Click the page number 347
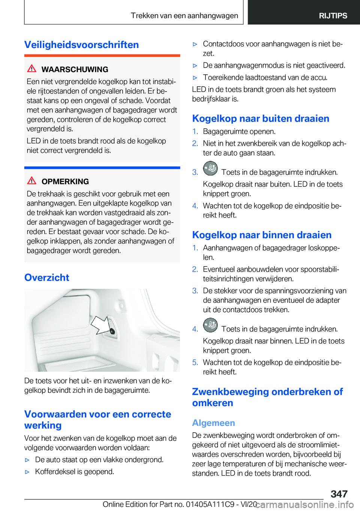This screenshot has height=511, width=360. [339, 494]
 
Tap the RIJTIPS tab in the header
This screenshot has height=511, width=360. [333, 16]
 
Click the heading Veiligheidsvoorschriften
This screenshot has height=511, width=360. [81, 45]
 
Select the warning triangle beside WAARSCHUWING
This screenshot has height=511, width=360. [32, 69]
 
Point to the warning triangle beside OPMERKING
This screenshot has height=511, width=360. [32, 181]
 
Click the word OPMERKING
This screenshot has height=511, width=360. [65, 182]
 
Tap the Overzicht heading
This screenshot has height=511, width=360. [47, 277]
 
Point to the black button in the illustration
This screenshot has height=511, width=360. [112, 331]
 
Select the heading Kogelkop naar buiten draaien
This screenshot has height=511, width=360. [261, 119]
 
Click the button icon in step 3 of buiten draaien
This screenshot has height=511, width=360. [210, 168]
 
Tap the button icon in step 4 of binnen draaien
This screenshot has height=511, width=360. [210, 325]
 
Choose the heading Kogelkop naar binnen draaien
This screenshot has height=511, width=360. [262, 235]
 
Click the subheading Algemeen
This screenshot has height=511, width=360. [213, 423]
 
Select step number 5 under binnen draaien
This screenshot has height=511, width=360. [195, 362]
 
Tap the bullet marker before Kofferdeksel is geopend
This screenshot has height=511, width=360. [27, 472]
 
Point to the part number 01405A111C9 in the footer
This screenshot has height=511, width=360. [210, 504]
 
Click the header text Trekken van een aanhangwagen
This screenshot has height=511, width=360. [184, 16]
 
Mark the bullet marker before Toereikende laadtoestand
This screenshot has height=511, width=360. [195, 78]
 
